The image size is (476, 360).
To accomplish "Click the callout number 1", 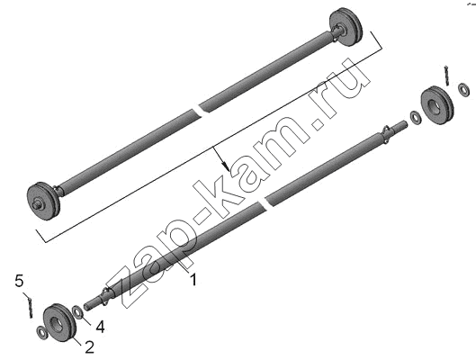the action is [193, 279].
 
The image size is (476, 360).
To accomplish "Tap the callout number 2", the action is [89, 346].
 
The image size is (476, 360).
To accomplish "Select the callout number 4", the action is [100, 327].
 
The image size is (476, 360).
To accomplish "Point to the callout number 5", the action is [19, 281].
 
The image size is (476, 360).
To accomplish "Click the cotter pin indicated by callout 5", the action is [30, 306].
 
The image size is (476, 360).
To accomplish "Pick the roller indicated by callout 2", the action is [59, 322].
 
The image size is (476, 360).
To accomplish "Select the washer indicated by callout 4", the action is [77, 312].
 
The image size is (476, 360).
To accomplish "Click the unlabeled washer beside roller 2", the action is [41, 333].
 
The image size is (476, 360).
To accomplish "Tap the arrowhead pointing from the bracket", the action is [225, 166].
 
